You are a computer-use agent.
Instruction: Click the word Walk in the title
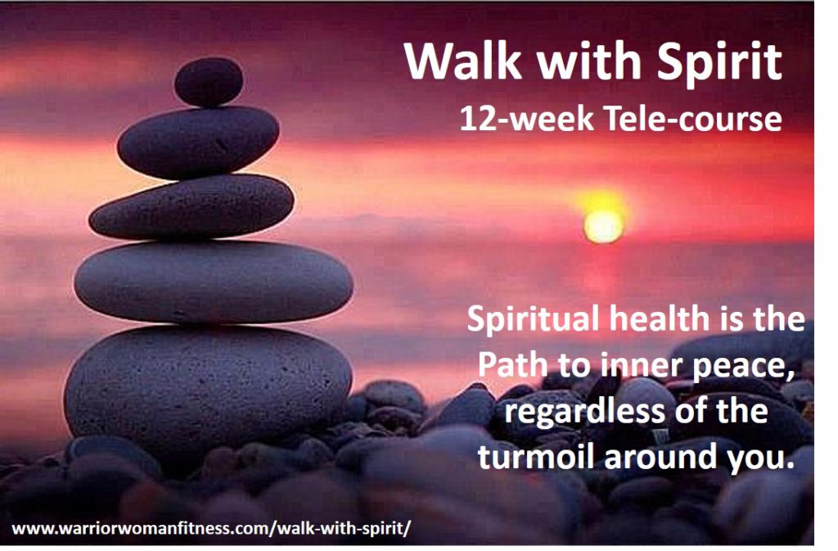coord(463,61)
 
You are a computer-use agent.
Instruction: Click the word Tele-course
coord(692,118)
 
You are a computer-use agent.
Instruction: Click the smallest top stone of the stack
coord(209,82)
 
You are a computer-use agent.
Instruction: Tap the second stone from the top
coord(198,142)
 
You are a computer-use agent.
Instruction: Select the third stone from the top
coord(191,207)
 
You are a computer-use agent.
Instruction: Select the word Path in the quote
coord(512,365)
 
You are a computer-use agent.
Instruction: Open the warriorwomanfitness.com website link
coord(211,529)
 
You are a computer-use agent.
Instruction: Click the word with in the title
coord(588,61)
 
